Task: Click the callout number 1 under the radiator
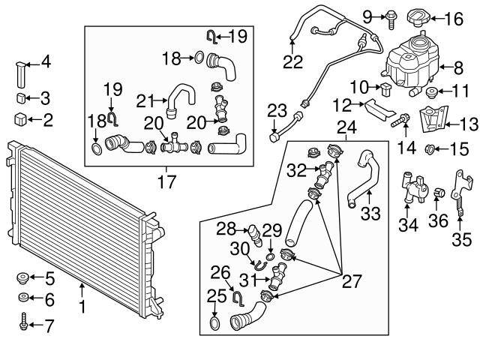tap(82, 306)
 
